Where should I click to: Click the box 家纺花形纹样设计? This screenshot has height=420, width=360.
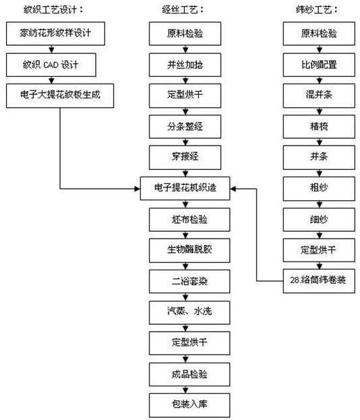click(55, 34)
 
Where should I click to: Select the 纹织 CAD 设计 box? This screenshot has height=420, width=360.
click(51, 65)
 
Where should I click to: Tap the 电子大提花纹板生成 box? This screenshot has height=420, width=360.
click(60, 96)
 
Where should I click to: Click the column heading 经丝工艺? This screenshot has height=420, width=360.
click(183, 9)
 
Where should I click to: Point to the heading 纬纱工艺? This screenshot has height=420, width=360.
click(317, 9)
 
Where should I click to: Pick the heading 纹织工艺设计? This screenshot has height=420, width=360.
click(53, 9)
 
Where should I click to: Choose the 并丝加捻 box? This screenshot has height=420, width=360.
click(185, 65)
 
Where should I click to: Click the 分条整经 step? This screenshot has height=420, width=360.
click(185, 127)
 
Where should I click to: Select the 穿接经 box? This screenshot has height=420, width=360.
click(185, 157)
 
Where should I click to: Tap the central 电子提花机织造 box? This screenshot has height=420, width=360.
click(185, 188)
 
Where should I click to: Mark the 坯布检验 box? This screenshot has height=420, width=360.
click(189, 220)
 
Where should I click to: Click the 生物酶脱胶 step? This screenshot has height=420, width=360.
click(189, 250)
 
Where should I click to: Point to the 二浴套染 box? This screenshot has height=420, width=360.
click(189, 281)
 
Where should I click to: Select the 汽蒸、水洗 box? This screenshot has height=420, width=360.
click(189, 312)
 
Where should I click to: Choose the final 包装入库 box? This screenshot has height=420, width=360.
click(189, 405)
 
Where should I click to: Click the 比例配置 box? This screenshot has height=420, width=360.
click(319, 65)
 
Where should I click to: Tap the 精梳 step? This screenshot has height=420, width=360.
click(319, 127)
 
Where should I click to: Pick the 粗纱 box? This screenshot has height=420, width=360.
click(319, 188)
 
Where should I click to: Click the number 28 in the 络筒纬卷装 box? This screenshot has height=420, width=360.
click(295, 280)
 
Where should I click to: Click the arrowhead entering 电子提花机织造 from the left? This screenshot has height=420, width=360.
click(137, 189)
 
